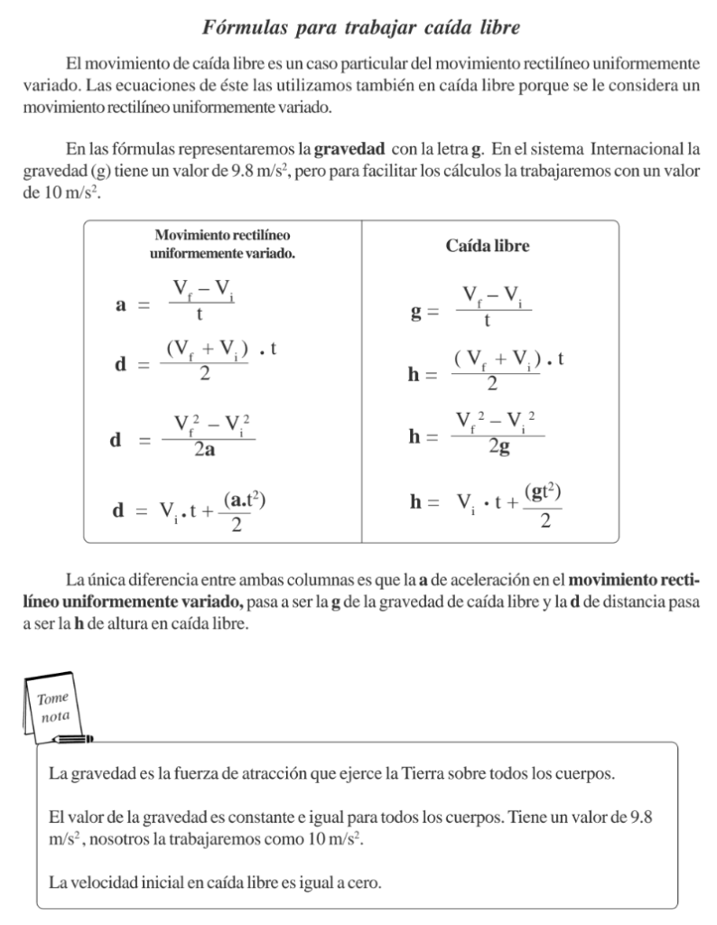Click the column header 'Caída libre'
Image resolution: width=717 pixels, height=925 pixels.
(x=488, y=246)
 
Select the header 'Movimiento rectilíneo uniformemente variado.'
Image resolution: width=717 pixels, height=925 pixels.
(x=222, y=245)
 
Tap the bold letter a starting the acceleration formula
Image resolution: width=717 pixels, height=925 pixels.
(x=119, y=305)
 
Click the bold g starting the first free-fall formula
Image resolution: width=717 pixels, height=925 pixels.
(x=416, y=313)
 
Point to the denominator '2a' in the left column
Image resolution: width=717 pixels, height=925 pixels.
(x=204, y=451)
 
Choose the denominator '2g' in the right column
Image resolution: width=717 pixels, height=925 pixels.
(x=498, y=446)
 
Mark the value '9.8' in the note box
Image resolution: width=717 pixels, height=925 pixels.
(x=638, y=818)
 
